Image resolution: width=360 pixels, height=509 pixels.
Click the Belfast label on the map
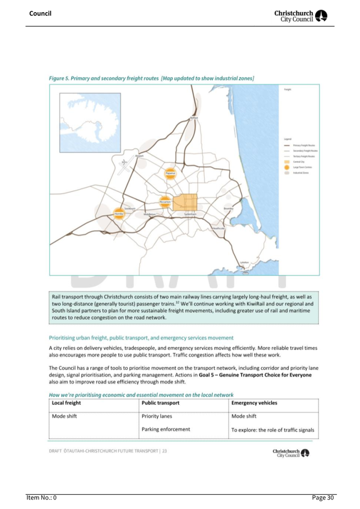[x=194, y=117]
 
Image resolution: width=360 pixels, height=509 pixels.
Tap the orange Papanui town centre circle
[x=170, y=174]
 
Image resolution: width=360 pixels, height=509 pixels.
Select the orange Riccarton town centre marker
[x=165, y=202]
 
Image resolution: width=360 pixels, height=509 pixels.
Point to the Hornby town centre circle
[x=119, y=214]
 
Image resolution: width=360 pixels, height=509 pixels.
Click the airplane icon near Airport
[x=124, y=162]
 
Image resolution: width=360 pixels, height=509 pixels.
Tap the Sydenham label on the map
[x=190, y=214]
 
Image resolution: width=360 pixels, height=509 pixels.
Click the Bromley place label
[x=228, y=208]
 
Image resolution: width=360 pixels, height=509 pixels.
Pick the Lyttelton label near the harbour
[x=244, y=262]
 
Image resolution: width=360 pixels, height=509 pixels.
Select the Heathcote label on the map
[x=218, y=228]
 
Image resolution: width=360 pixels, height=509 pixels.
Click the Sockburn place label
[x=130, y=208]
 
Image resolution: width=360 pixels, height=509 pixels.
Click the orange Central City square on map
[x=185, y=202]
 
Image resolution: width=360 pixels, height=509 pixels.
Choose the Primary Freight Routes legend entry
[x=303, y=145]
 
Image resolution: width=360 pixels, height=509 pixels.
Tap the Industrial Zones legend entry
[x=301, y=173]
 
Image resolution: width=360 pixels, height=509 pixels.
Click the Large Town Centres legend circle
[x=287, y=167]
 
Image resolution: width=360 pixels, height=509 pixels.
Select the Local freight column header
[x=67, y=403]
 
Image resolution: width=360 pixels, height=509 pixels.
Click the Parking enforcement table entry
[x=166, y=429]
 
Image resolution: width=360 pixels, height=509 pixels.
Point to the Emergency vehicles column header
[x=254, y=403]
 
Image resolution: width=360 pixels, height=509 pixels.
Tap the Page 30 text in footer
[x=323, y=498]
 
